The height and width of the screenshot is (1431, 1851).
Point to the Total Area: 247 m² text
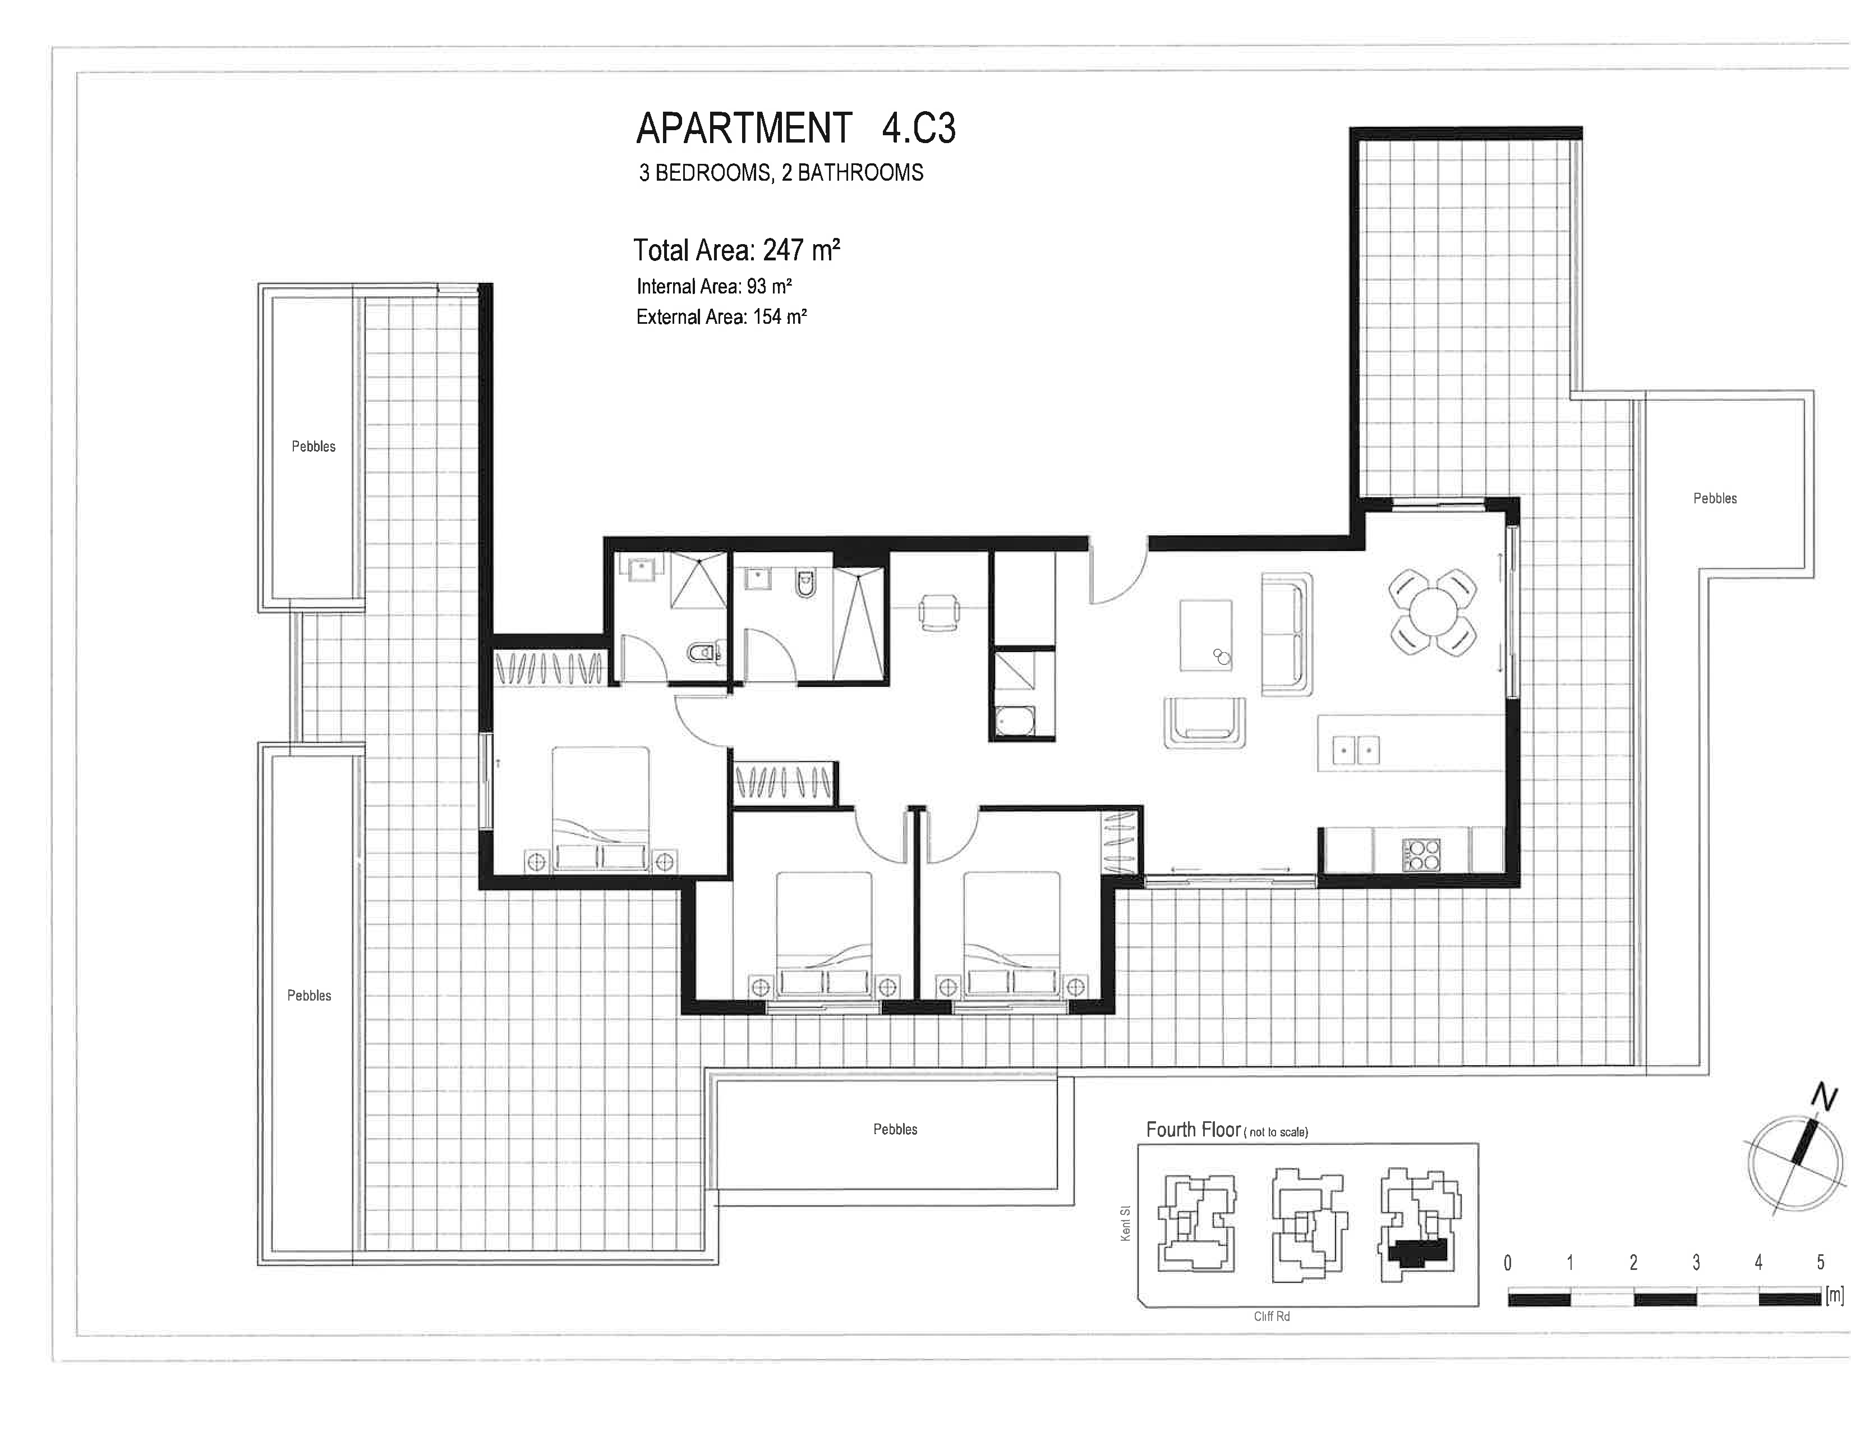pyautogui.click(x=736, y=250)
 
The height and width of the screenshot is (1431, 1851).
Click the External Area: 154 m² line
pyautogui.click(x=721, y=317)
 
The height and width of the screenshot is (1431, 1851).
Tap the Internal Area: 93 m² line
pyautogui.click(x=713, y=287)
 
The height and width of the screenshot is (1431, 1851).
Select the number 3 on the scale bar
pyautogui.click(x=1696, y=1262)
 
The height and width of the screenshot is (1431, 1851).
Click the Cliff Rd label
pyautogui.click(x=1271, y=1317)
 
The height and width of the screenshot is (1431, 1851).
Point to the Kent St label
pyautogui.click(x=1126, y=1224)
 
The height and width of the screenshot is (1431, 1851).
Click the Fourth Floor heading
pyautogui.click(x=1193, y=1129)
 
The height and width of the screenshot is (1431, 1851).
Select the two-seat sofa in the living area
pyautogui.click(x=1287, y=634)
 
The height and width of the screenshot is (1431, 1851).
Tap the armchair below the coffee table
pyautogui.click(x=1204, y=722)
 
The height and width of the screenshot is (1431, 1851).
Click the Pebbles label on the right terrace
pyautogui.click(x=1715, y=498)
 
